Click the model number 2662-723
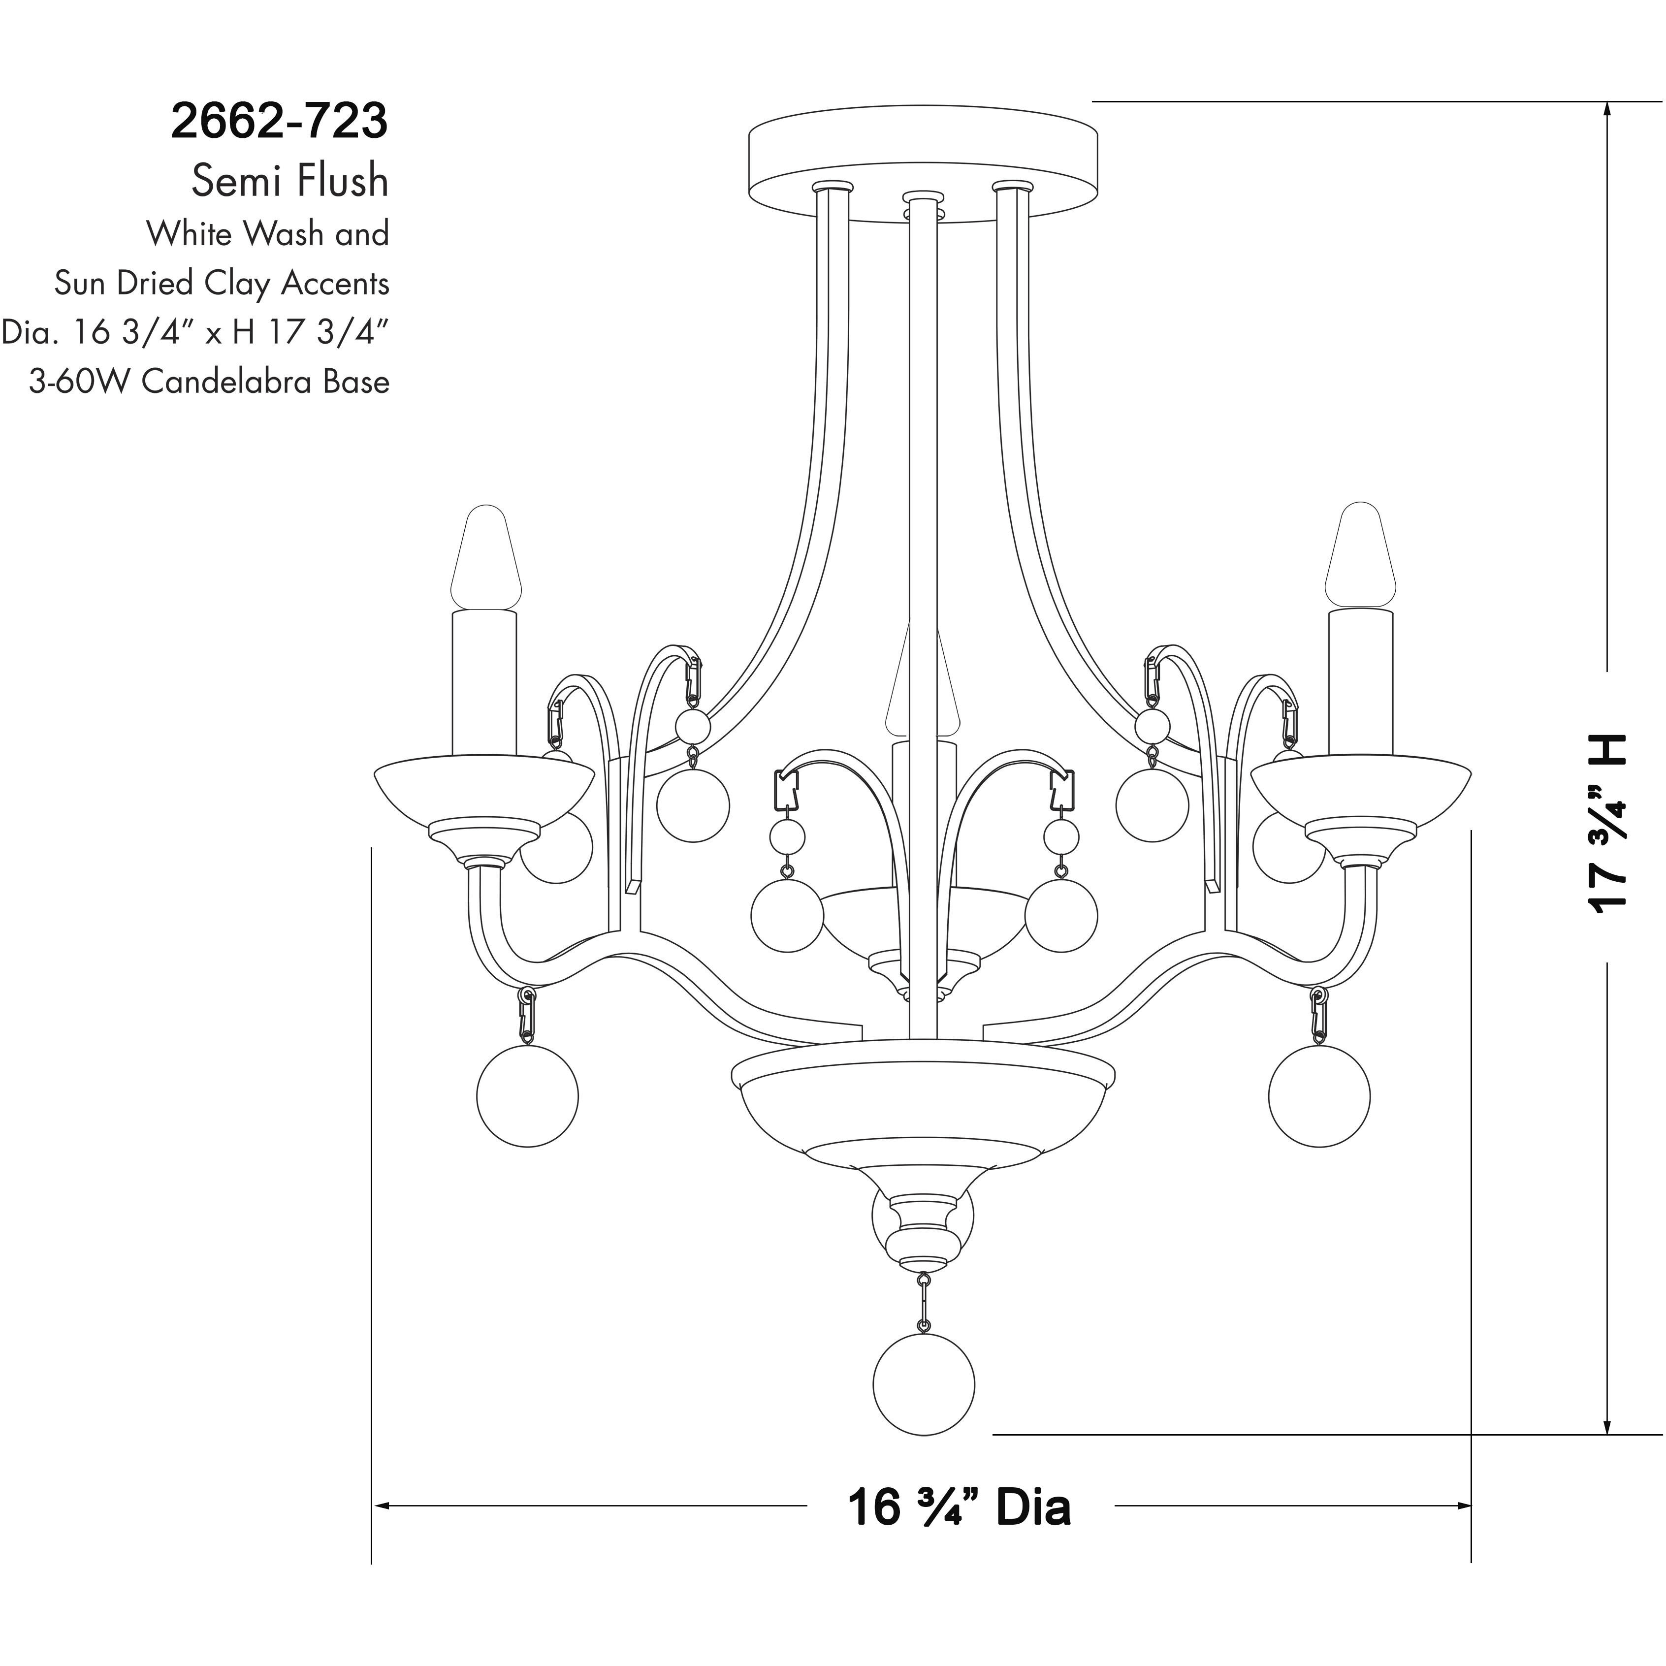tap(280, 122)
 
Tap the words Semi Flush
tap(290, 181)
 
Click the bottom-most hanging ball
tap(924, 1384)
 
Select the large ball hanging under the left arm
tap(527, 1096)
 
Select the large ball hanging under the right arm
tap(1319, 1096)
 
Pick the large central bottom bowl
tap(923, 1113)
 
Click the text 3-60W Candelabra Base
tap(210, 381)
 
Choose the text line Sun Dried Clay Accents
tap(222, 283)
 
